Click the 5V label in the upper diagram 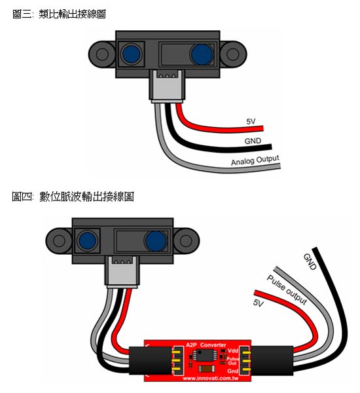tap(251, 122)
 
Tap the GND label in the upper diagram tap(253, 141)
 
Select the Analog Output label tap(255, 160)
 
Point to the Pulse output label tap(287, 290)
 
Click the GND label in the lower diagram tap(310, 261)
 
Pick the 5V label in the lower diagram tap(258, 303)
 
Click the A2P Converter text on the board tap(206, 345)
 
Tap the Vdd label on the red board tap(233, 351)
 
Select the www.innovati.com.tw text tap(211, 378)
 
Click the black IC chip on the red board tap(205, 356)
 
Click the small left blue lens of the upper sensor tap(131, 54)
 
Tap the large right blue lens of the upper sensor tap(202, 54)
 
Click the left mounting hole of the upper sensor tap(102, 54)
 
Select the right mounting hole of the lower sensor tap(186, 240)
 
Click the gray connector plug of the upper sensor tap(167, 86)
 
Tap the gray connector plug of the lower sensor tap(122, 272)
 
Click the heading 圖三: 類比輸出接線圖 tap(59, 14)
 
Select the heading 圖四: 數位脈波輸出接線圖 tap(73, 196)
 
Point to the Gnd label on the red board tap(232, 371)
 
